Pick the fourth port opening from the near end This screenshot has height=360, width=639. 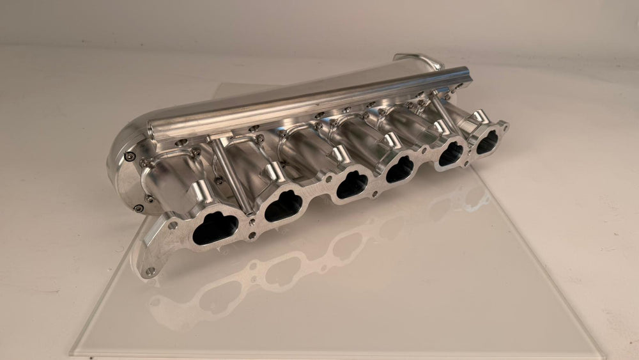(401, 169)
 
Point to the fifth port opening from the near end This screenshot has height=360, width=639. (452, 153)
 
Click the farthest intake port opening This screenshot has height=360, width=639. (487, 141)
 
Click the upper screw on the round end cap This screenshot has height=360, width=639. (130, 156)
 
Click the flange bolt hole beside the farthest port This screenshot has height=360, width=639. (505, 125)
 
